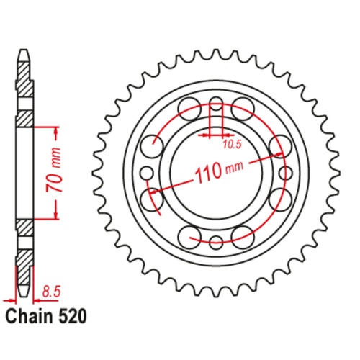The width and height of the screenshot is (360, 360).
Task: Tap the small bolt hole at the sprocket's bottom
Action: coord(216,240)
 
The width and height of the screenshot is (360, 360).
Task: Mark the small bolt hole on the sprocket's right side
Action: coord(285,172)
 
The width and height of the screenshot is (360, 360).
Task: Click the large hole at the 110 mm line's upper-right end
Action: coord(277,146)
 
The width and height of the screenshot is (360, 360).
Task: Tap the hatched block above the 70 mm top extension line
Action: coord(24,116)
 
